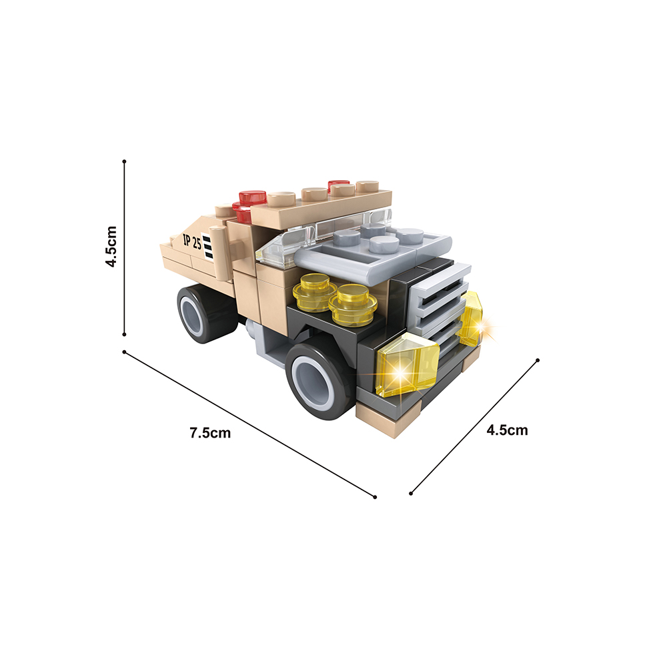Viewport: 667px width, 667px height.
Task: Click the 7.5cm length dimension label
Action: pyautogui.click(x=210, y=433)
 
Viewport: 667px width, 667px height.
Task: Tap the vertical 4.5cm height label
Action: pyautogui.click(x=111, y=247)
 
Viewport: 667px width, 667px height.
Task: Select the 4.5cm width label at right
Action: pyautogui.click(x=507, y=430)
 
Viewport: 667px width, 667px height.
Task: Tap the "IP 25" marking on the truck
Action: pyautogui.click(x=192, y=241)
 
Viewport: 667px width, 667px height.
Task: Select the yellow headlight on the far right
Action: pyautogui.click(x=472, y=319)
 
